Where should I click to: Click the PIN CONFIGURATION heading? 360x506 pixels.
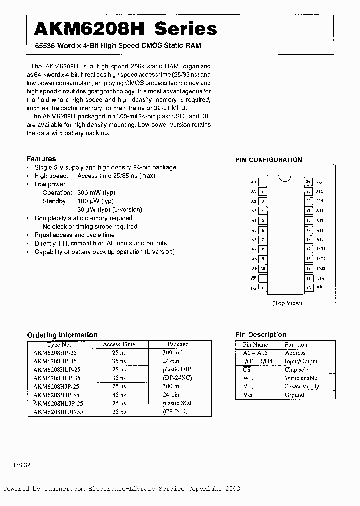coord(269,160)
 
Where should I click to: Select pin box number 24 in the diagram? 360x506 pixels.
coord(309,182)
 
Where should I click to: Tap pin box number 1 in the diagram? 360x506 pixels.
coord(263,182)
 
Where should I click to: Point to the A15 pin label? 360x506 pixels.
coord(320,191)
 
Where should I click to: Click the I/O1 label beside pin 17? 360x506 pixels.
coord(320,249)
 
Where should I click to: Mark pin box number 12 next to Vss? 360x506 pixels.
coord(309,287)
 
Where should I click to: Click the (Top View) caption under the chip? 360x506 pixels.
coord(287,303)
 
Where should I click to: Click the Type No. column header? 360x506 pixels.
coord(59,344)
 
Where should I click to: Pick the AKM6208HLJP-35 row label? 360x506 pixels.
coord(58,412)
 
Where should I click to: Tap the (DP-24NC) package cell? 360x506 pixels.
coord(177,378)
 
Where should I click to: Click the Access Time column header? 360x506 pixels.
coord(119,344)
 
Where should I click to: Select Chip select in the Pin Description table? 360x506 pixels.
coord(299,370)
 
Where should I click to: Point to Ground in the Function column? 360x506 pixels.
coord(294,395)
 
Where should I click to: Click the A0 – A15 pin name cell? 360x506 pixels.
coord(255,353)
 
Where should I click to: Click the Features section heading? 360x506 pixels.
coord(41,159)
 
